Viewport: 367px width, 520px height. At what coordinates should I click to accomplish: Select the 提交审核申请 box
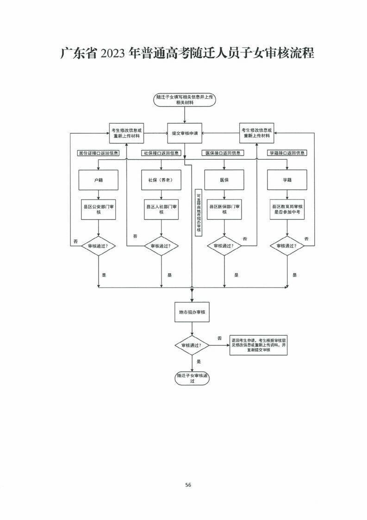(185, 133)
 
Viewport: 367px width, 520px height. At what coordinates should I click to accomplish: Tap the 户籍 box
(99, 180)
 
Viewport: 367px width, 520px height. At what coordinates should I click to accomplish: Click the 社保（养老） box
(161, 180)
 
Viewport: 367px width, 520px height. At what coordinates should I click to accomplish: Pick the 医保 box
(224, 180)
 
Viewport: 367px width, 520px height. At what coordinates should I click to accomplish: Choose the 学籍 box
(287, 180)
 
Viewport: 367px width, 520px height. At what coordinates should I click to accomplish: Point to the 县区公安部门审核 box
(99, 209)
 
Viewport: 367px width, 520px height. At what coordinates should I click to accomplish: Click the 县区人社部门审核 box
(162, 209)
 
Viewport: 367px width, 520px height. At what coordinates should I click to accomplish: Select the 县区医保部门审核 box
(224, 209)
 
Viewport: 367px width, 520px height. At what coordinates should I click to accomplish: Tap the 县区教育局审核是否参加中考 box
(287, 209)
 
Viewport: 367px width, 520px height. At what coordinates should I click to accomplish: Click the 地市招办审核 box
(192, 312)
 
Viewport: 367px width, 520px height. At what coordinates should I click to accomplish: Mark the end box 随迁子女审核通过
(192, 378)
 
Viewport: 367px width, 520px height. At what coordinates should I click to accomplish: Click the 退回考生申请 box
(259, 345)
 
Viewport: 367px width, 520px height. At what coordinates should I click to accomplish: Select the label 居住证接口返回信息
(98, 153)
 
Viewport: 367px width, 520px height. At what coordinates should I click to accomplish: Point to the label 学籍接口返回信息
(286, 153)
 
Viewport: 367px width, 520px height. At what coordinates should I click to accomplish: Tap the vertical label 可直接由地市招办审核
(199, 213)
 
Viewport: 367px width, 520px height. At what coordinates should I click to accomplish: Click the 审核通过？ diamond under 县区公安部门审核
(99, 246)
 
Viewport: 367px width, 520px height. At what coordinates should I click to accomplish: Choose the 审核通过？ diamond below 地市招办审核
(192, 345)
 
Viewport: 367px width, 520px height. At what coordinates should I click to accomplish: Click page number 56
(188, 485)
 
